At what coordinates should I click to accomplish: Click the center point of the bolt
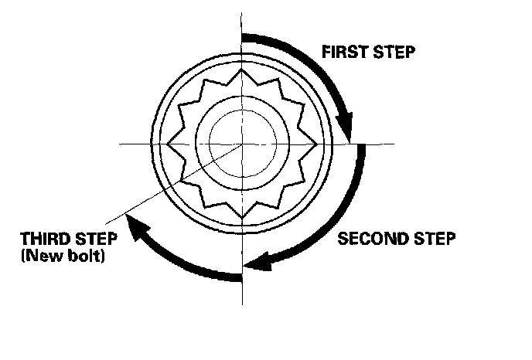[x=242, y=144]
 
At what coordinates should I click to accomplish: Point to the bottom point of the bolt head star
[x=242, y=217]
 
